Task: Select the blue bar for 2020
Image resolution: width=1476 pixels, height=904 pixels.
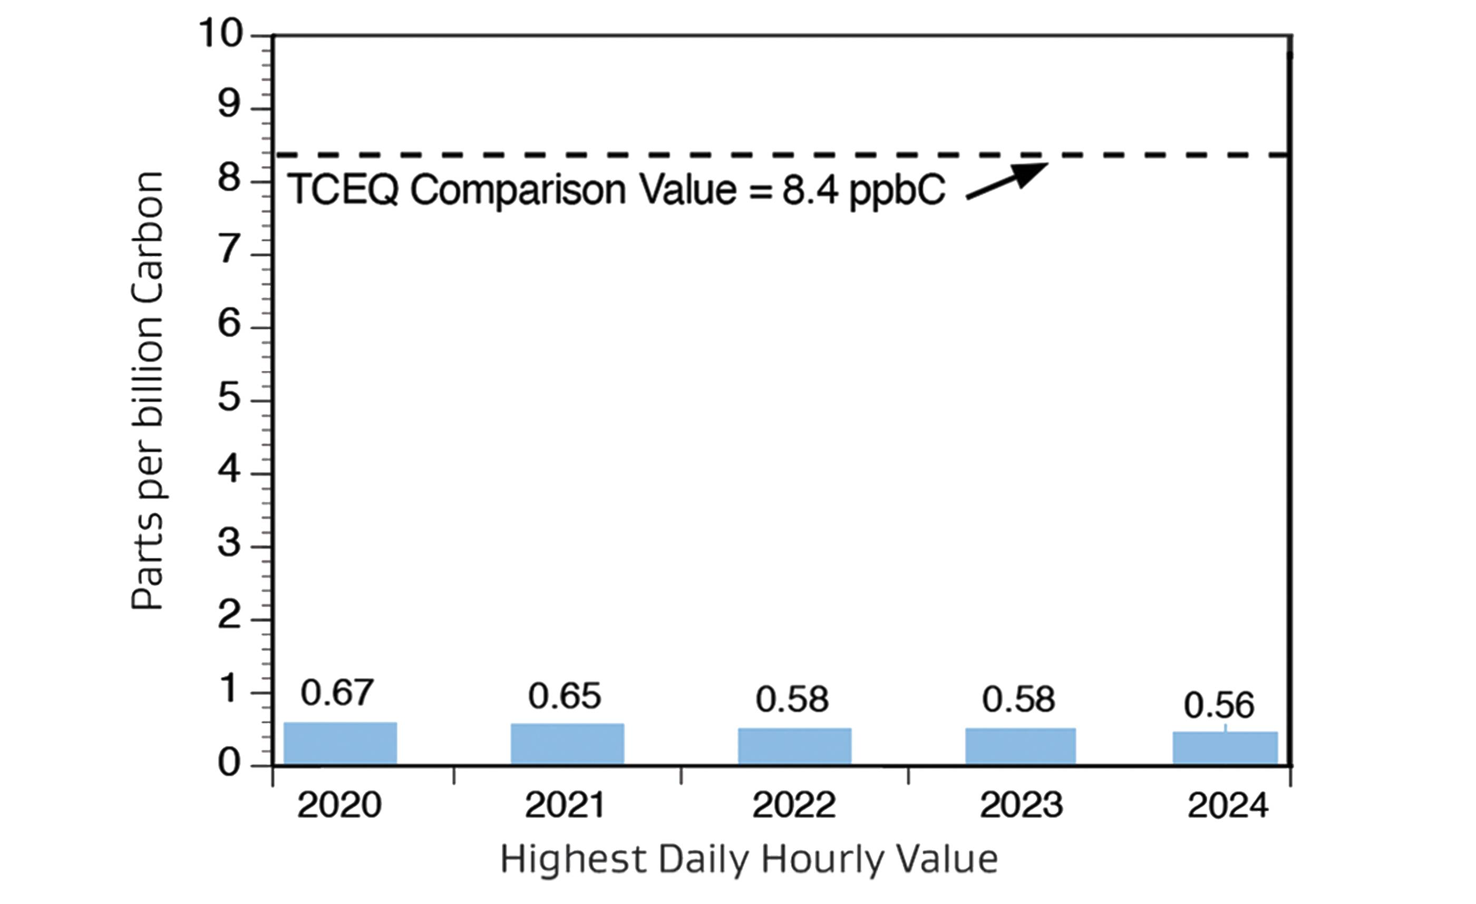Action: click(x=340, y=743)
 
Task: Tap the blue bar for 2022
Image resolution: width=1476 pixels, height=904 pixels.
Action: click(x=794, y=746)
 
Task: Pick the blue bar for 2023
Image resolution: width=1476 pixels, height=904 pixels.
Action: click(x=1020, y=746)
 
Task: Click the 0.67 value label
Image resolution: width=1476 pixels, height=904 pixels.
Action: click(x=337, y=693)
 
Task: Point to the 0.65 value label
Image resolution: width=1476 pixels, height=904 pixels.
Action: click(x=564, y=696)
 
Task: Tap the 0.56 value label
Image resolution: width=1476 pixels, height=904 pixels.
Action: click(x=1218, y=706)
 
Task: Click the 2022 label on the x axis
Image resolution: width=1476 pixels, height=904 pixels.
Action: click(x=794, y=806)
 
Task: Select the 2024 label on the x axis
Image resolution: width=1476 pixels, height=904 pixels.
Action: click(x=1228, y=806)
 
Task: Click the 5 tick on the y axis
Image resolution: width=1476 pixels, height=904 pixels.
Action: click(x=229, y=398)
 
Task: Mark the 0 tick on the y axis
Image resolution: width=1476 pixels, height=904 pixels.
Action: click(x=229, y=763)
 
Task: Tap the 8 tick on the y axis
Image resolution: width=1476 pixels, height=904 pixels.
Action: click(x=229, y=179)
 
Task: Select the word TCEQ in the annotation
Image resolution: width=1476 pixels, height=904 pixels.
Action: click(x=343, y=190)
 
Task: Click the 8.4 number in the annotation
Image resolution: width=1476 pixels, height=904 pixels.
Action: click(x=810, y=190)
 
